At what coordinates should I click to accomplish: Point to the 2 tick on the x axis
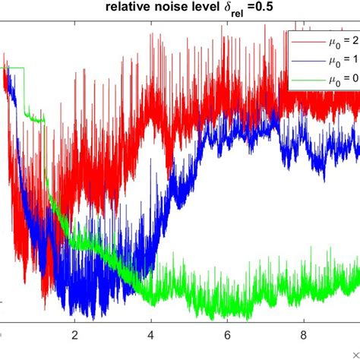tap(75, 334)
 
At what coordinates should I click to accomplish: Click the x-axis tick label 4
tap(151, 334)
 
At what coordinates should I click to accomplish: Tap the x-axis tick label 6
tap(227, 334)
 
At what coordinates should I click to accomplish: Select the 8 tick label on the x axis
tap(303, 334)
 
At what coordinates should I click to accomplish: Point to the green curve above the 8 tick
tap(303, 285)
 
